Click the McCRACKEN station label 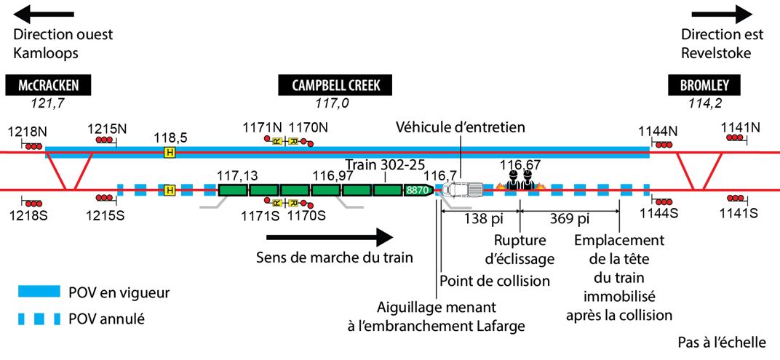tap(49, 86)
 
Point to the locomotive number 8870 tap(418, 191)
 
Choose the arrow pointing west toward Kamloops tap(44, 14)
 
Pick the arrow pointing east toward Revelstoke tap(723, 14)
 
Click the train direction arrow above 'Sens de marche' tap(330, 237)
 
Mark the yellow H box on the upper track tap(170, 152)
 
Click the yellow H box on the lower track tap(170, 191)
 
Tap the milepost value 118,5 tap(171, 137)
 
